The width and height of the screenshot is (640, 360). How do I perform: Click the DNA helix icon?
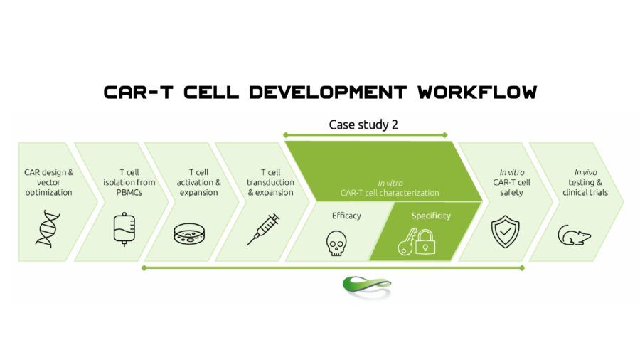pyautogui.click(x=48, y=229)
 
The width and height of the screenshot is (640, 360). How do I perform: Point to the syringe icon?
pyautogui.click(x=263, y=229)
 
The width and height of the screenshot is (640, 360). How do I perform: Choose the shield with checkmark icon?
pyautogui.click(x=506, y=231)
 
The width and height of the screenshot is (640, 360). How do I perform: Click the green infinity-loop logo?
pyautogui.click(x=367, y=285)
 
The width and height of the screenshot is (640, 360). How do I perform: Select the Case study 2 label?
pyautogui.click(x=363, y=125)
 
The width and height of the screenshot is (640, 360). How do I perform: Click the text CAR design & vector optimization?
pyautogui.click(x=48, y=182)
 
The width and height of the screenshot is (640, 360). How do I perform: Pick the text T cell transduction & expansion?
pyautogui.click(x=270, y=182)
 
